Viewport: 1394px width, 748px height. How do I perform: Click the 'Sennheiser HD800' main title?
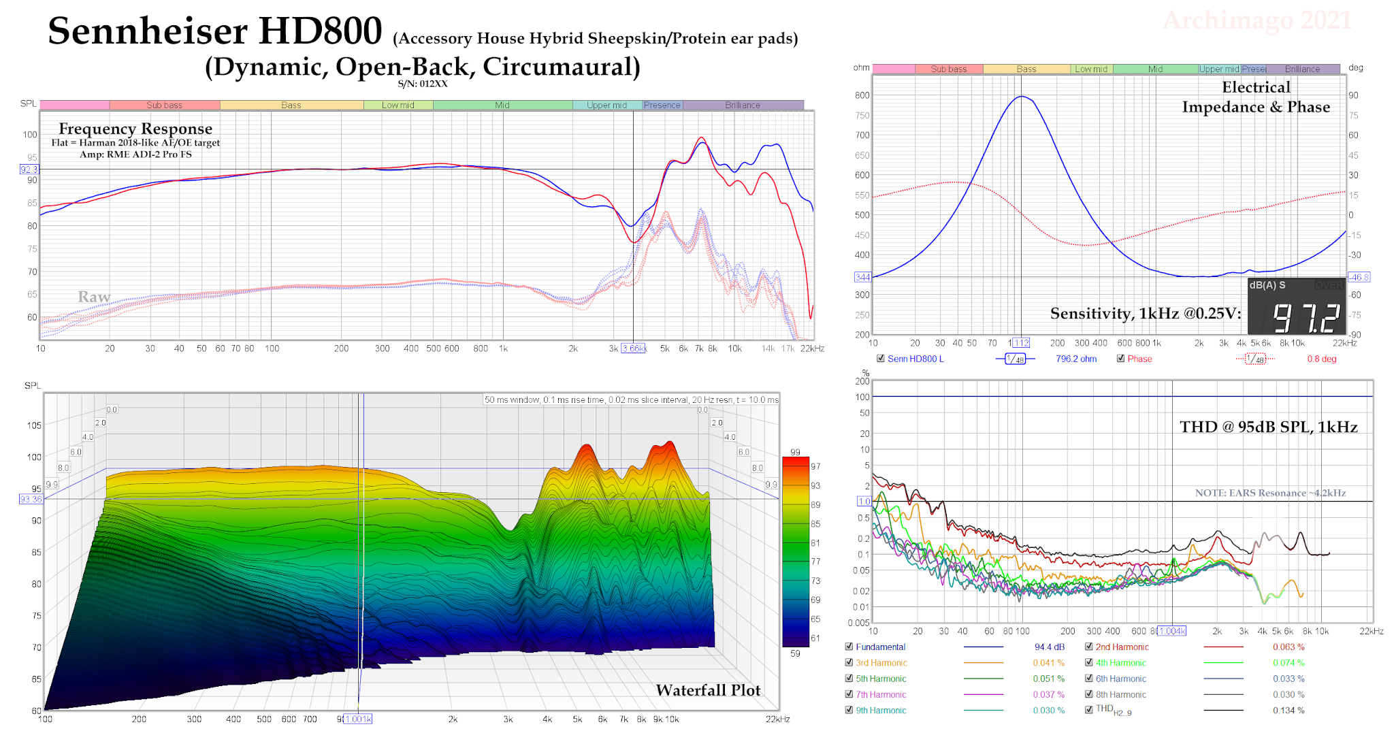point(215,31)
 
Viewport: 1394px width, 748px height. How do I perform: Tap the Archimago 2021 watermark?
point(1257,20)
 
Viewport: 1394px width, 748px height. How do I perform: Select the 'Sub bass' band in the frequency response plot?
point(165,105)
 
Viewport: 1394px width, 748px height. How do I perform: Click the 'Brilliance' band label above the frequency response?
point(743,105)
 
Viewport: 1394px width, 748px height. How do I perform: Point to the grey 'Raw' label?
point(94,297)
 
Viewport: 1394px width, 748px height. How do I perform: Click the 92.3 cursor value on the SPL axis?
point(29,169)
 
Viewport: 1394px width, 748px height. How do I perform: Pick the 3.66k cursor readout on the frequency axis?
point(633,348)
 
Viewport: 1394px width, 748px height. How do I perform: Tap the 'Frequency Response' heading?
point(135,129)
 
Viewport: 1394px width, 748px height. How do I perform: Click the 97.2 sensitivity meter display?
point(1306,317)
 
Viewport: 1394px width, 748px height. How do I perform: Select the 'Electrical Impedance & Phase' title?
point(1256,97)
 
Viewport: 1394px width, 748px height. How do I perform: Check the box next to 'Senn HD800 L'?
point(881,359)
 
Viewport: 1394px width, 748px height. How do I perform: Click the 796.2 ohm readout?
point(1076,359)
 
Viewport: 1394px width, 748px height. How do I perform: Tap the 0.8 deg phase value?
point(1321,359)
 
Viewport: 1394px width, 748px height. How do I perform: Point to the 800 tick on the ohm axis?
point(862,95)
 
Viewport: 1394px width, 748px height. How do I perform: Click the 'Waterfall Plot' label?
point(708,690)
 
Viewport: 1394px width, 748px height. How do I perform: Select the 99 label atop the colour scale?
point(795,452)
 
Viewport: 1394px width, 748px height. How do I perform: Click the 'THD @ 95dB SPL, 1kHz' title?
point(1268,427)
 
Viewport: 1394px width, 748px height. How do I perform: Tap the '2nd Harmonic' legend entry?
point(1122,647)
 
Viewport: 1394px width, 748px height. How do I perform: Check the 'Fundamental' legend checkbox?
point(849,647)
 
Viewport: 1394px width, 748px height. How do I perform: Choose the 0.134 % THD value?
point(1288,711)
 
